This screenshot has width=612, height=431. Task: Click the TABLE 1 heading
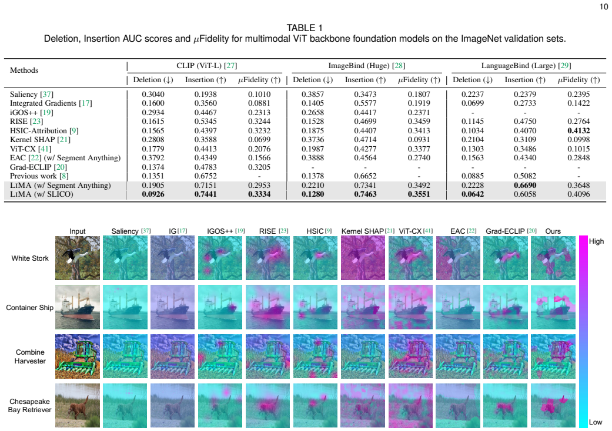[305, 28]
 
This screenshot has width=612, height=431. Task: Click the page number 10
[603, 6]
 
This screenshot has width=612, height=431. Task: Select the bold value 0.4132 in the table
[578, 130]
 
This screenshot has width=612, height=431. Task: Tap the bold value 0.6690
[525, 185]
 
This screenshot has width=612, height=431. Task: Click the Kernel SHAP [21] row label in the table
[40, 140]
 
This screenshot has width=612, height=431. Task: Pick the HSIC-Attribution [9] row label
[44, 130]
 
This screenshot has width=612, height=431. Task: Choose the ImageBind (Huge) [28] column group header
[366, 65]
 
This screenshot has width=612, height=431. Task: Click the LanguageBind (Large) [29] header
[526, 65]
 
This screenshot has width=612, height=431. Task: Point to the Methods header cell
[24, 70]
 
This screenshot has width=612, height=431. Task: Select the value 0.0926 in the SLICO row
[153, 194]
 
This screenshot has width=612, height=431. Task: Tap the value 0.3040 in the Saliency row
[153, 95]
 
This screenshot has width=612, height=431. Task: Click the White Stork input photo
[77, 258]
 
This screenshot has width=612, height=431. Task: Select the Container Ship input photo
[77, 307]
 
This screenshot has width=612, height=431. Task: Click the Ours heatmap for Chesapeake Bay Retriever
[553, 405]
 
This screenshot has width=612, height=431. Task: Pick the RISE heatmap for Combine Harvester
[267, 356]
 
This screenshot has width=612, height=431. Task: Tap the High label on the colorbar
[596, 241]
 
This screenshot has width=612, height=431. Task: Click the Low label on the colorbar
[596, 422]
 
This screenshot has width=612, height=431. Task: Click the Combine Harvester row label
[30, 356]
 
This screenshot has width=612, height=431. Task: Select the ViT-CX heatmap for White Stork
[410, 258]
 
